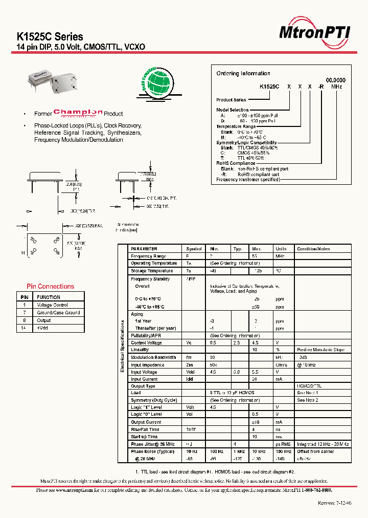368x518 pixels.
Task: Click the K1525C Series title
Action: coord(50,37)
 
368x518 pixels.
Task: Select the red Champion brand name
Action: coord(78,113)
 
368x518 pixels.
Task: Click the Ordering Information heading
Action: coord(243,74)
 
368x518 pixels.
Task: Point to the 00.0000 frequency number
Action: coord(336,80)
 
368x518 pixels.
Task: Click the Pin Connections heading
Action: coord(51,287)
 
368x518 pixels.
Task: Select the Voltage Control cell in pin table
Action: coord(52,305)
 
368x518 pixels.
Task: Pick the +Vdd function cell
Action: coord(42,328)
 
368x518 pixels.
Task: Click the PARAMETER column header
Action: coord(144,249)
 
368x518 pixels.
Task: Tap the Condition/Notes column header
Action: coord(313,249)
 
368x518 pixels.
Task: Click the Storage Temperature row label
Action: coord(152,271)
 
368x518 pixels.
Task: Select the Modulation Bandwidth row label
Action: coord(153,357)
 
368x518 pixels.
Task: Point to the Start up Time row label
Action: coord(145,437)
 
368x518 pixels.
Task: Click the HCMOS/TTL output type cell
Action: coord(310,386)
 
